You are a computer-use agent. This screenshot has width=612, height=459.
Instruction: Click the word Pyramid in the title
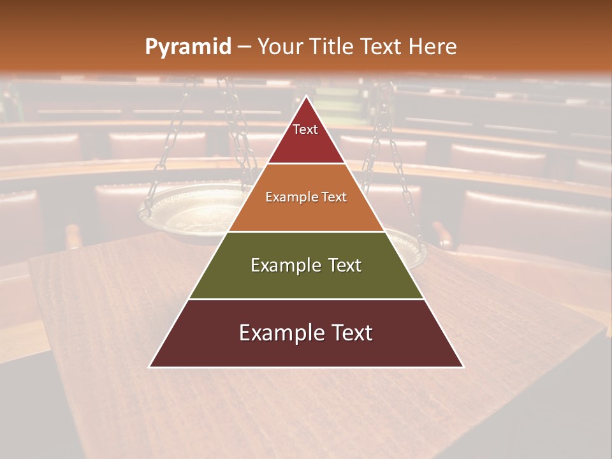click(x=187, y=47)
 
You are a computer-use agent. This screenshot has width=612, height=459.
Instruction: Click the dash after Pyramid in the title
click(x=244, y=47)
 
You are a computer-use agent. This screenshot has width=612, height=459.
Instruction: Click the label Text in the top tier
click(x=305, y=129)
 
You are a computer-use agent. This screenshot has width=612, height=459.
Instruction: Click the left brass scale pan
click(x=185, y=210)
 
